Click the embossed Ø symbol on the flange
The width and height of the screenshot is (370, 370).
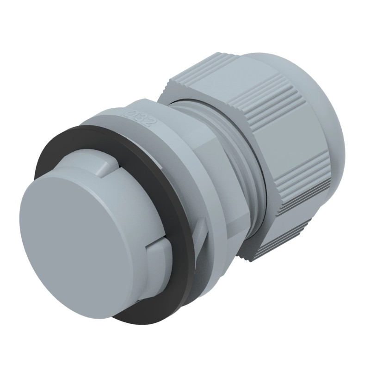point(131,112)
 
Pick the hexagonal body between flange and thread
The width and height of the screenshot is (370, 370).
point(203,194)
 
